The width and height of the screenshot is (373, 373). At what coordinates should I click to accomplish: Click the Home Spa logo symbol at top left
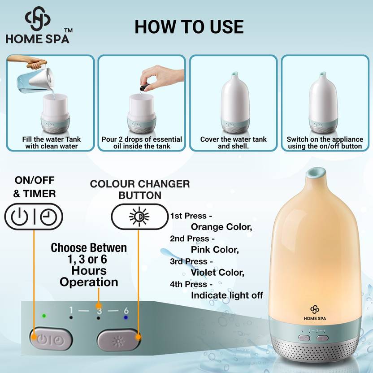coord(38,18)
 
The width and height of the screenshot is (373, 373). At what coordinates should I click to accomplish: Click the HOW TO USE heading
coord(189,26)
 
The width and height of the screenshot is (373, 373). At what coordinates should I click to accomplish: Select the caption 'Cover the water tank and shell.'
coord(234,143)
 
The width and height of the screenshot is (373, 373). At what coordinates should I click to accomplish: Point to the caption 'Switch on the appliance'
coord(325,139)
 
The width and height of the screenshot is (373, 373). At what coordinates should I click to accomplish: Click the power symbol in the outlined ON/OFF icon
coord(20,217)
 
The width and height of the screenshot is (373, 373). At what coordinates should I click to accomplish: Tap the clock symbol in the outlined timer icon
coord(48,217)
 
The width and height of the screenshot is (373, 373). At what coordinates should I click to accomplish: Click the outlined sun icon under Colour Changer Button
coord(139,217)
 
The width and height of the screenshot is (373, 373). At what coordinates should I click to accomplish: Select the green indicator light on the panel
coord(44,316)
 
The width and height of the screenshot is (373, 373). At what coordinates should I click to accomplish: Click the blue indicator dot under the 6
coord(126,317)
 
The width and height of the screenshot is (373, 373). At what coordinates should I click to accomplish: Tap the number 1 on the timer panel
coord(71,310)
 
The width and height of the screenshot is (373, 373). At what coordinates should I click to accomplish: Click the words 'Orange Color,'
coord(221,227)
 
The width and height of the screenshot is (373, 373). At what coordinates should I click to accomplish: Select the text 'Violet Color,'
coord(217,273)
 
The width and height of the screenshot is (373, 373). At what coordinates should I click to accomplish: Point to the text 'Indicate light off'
coord(227,295)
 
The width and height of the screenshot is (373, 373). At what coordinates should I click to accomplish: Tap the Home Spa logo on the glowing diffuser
coord(315,313)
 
